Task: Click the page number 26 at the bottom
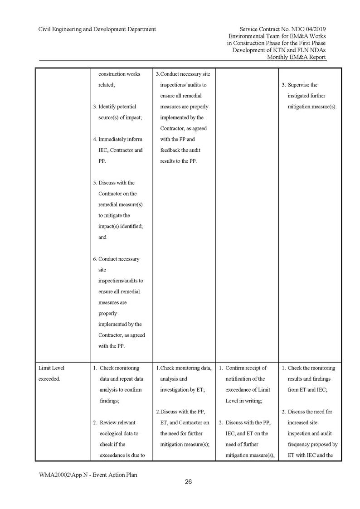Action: click(188, 482)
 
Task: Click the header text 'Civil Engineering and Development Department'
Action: click(97, 29)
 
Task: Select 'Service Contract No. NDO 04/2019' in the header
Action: click(282, 29)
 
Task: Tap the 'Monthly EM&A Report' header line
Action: click(296, 57)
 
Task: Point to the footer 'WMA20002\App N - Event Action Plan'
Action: click(88, 475)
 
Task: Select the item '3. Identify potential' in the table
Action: click(114, 107)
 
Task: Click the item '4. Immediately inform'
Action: click(117, 139)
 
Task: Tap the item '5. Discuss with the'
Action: click(113, 183)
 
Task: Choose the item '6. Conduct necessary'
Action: click(116, 259)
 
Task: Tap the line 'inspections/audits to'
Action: click(121, 281)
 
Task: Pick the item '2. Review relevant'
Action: click(116, 422)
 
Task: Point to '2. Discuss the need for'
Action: click(307, 412)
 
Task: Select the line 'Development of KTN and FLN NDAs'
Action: click(279, 50)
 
